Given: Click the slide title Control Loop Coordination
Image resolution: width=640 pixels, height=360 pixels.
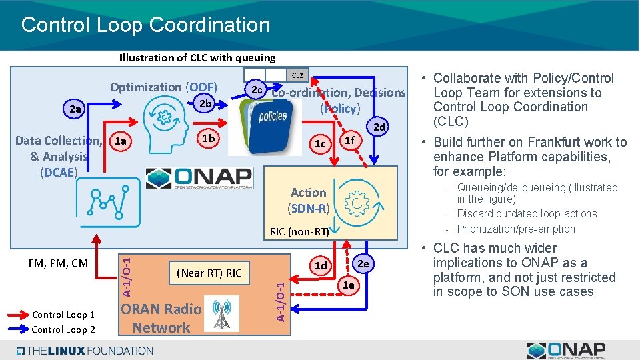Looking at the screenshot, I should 145,25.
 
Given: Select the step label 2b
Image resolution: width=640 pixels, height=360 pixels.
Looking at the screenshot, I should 205,103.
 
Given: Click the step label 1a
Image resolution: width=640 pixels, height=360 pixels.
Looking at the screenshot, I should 121,141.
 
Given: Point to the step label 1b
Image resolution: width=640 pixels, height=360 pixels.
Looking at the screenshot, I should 208,138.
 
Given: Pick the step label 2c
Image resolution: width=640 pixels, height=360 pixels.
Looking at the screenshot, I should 255,89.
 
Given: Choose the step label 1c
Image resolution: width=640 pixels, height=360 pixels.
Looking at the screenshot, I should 320,144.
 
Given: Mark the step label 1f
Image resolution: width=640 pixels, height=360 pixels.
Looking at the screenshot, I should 349,140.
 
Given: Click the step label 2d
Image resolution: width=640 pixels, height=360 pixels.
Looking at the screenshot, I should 379,127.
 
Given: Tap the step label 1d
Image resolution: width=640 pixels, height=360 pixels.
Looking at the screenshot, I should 321,265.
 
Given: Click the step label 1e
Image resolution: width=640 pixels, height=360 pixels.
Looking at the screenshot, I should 348,285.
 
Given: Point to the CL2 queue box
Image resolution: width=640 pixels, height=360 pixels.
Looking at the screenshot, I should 297,75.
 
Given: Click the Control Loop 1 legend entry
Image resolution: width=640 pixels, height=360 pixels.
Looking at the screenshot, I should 63,315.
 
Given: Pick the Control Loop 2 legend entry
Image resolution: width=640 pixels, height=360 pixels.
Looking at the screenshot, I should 63,329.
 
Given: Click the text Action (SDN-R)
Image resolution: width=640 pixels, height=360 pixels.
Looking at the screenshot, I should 308,200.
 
